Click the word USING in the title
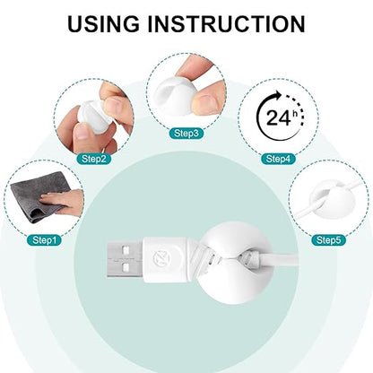(103, 23)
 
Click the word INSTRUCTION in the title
(226, 23)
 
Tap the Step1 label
(44, 239)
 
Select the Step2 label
(94, 159)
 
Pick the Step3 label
(186, 134)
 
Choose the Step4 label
(278, 159)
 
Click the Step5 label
(328, 239)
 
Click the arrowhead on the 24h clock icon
(277, 96)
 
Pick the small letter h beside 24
(295, 113)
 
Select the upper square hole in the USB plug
(126, 249)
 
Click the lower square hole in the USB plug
(126, 265)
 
